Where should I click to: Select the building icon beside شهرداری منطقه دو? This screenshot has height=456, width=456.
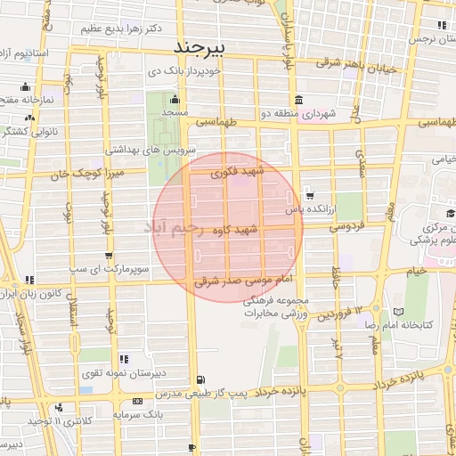pos(297,100)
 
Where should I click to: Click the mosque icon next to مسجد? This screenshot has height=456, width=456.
pos(175,99)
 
